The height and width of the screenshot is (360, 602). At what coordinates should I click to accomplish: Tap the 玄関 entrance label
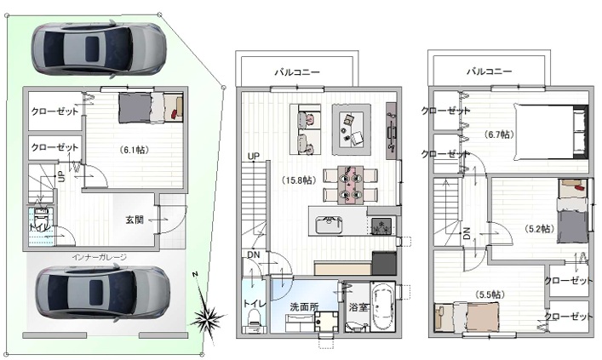pos(135,220)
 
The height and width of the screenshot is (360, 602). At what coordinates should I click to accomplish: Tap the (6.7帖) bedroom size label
pos(499,134)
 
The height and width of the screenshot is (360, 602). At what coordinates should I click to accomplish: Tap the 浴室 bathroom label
pos(357,306)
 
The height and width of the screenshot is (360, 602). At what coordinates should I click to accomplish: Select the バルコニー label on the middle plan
pos(296,73)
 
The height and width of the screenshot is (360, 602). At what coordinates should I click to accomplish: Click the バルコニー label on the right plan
pos(489,73)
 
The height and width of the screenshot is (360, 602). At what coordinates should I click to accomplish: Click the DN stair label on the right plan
pos(467,235)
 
